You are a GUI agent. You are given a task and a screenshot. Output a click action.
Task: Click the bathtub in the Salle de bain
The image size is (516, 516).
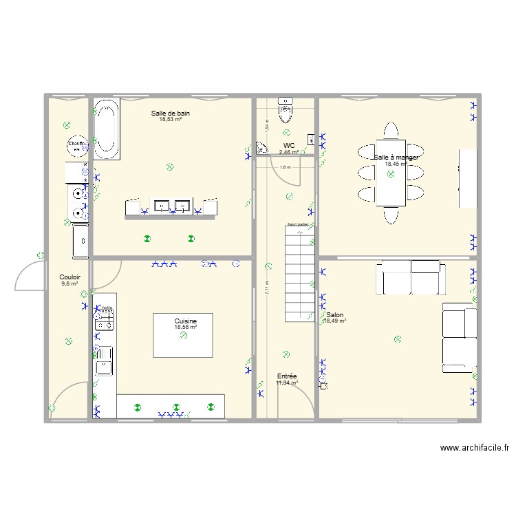106,129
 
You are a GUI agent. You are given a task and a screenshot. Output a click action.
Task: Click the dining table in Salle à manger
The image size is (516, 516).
390,174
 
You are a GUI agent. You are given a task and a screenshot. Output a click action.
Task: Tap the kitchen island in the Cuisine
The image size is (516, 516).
182,335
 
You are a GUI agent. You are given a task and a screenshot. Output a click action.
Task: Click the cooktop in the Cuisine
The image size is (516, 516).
105,317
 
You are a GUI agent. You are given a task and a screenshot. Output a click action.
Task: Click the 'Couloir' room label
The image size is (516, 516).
69,277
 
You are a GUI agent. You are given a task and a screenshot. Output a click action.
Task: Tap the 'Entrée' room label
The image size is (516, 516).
287,376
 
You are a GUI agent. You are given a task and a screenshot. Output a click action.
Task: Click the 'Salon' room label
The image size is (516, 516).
335,315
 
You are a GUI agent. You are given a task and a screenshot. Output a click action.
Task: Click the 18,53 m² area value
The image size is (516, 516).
171,120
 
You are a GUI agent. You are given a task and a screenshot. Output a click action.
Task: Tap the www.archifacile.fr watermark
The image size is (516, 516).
475,448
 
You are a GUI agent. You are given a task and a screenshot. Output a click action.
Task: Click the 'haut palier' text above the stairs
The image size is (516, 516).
297,224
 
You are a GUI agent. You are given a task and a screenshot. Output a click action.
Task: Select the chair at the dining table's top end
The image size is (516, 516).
390,131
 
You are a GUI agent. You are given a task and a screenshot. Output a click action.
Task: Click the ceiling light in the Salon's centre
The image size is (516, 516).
397,338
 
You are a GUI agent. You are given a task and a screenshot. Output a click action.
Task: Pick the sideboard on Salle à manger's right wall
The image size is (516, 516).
468,178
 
